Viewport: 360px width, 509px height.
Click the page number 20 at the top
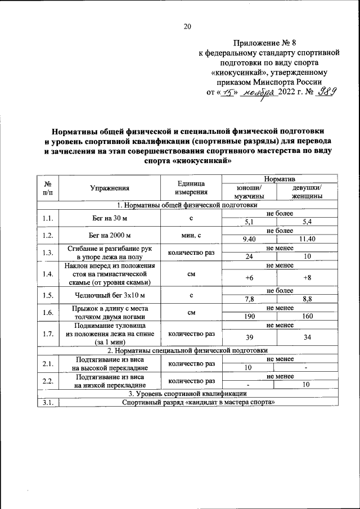pyautogui.click(x=187, y=26)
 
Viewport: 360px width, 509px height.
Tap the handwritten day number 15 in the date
pyautogui.click(x=227, y=93)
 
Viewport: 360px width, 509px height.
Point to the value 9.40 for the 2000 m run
pyautogui.click(x=248, y=240)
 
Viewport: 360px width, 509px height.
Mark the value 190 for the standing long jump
pyautogui.click(x=248, y=317)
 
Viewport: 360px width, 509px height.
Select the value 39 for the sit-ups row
pyautogui.click(x=248, y=337)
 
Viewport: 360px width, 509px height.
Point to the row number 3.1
pyautogui.click(x=48, y=402)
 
